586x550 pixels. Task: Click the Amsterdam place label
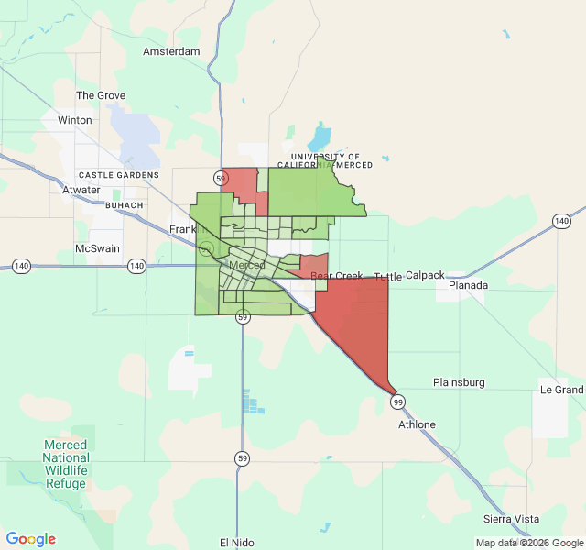[x=171, y=51]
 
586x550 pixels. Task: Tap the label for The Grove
[x=101, y=95]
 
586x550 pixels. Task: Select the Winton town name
[x=75, y=120]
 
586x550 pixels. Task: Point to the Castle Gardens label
[x=119, y=174]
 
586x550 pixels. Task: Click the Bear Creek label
[x=337, y=276]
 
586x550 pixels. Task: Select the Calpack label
[x=425, y=275]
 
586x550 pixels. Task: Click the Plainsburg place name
[x=459, y=382]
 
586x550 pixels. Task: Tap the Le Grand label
[x=562, y=390]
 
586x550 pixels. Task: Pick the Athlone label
[x=418, y=424]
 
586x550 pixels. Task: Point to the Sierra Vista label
[x=512, y=519]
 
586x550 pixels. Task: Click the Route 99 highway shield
[x=397, y=401]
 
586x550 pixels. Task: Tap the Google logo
[x=31, y=539]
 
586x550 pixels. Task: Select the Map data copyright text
[x=528, y=543]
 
